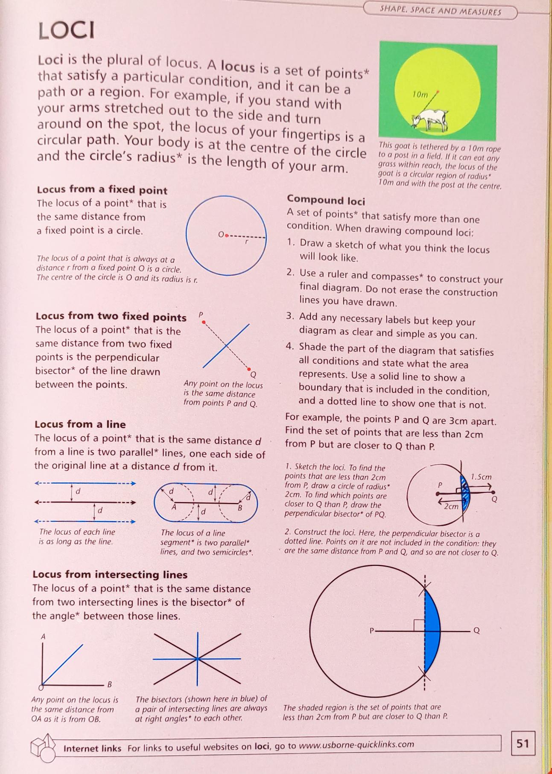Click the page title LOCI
click(67, 31)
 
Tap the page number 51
click(523, 744)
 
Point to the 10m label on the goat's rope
click(420, 95)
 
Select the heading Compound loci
click(326, 200)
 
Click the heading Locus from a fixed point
click(102, 190)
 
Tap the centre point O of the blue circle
click(226, 235)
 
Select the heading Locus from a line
click(80, 424)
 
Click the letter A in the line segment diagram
click(174, 507)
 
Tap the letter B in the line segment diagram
click(240, 508)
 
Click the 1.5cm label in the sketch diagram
click(481, 477)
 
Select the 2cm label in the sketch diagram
click(451, 506)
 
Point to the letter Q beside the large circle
click(476, 631)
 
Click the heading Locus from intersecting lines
click(110, 575)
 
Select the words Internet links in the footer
click(92, 748)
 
